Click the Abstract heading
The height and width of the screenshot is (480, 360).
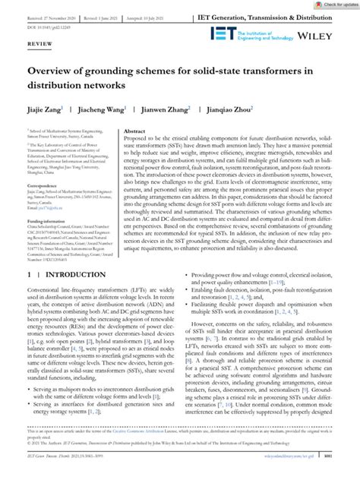point(135,130)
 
